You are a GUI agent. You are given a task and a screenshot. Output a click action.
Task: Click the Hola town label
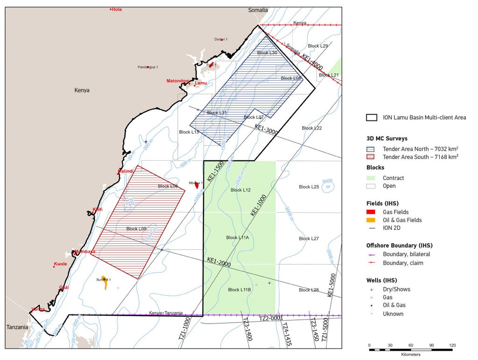pos(116,9)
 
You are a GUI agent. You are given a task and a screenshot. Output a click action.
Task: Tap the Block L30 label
pos(267,53)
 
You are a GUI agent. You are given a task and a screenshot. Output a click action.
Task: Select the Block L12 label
pos(241,190)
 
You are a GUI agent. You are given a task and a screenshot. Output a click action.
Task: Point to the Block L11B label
pos(240,290)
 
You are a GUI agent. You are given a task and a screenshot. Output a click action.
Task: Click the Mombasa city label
pos(84,252)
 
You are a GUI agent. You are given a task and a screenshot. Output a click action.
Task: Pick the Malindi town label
pos(126,171)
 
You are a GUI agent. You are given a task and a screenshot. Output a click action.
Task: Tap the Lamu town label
pos(200,83)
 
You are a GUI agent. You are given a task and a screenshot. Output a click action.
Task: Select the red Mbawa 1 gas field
pos(197,185)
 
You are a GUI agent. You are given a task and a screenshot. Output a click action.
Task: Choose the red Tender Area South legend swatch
pos(372,157)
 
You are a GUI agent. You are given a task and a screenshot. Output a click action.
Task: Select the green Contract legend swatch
pos(372,178)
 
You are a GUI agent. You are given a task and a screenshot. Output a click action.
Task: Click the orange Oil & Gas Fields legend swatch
pos(372,220)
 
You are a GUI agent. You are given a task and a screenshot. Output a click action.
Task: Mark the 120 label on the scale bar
pos(452,346)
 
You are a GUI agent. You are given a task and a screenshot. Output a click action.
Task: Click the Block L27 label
pos(309,238)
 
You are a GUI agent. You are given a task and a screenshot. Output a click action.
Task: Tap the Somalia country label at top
pos(258,10)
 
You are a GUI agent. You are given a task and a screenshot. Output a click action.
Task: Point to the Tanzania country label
pos(17,327)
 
